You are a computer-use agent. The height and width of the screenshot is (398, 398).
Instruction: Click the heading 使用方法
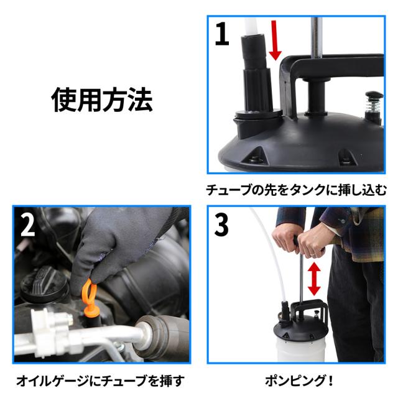coord(102,99)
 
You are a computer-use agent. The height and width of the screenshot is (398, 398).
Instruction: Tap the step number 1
coord(222,34)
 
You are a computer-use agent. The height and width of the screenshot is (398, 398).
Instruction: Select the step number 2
coord(27,224)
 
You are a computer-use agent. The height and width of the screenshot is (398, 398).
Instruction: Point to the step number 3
coord(221,224)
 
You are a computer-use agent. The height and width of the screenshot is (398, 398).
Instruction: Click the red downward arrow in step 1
coord(275,40)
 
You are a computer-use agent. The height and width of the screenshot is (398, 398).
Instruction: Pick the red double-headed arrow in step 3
coord(314,279)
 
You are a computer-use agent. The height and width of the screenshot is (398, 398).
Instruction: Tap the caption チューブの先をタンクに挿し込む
coord(296,190)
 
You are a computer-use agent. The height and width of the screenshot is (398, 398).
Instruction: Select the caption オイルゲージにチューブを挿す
coord(101,381)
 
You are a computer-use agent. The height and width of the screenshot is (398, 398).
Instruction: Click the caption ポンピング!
coord(299,381)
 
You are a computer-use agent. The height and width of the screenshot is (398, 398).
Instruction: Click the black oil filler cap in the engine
coord(44,285)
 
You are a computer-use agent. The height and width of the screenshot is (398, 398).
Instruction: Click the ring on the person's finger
coord(314,254)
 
